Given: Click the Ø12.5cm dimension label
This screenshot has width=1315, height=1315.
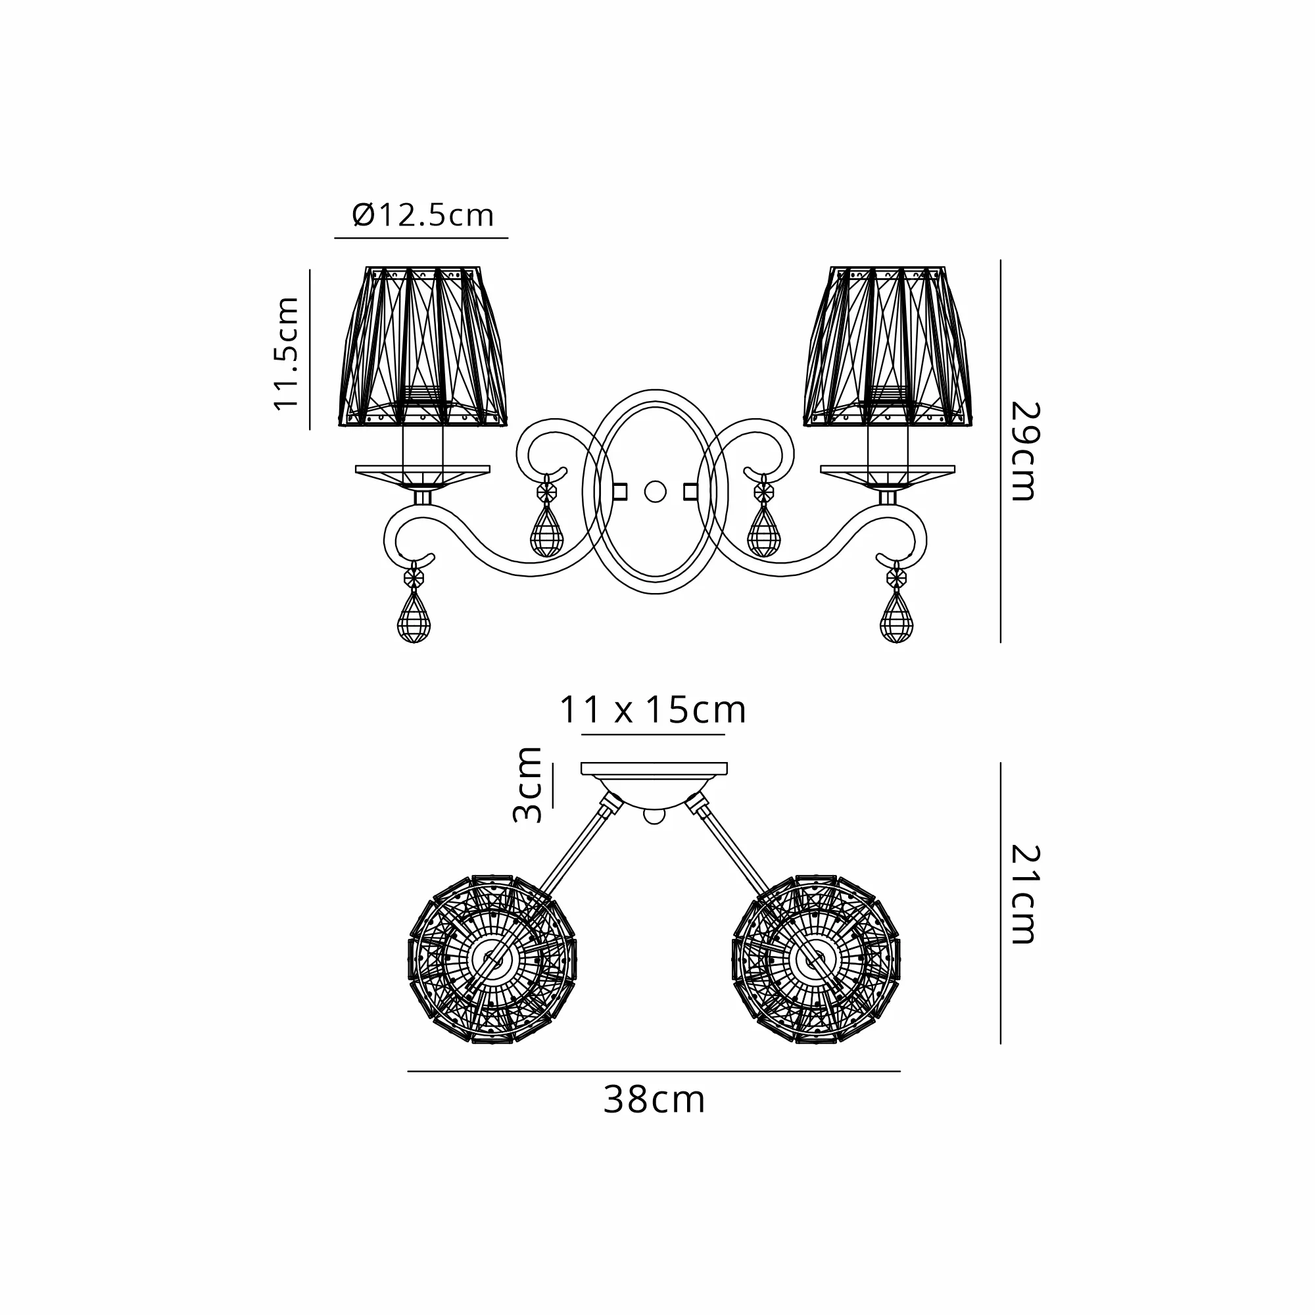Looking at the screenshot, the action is (x=423, y=215).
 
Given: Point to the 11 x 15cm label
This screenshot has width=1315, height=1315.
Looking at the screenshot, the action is (x=653, y=710).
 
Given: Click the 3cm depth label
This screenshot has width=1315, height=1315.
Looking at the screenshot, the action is (x=527, y=785).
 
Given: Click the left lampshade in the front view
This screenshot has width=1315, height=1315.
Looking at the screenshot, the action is (x=423, y=347).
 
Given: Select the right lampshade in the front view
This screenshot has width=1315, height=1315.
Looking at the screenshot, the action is (x=888, y=347).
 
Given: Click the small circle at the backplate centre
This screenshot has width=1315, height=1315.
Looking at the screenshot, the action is (x=656, y=491).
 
